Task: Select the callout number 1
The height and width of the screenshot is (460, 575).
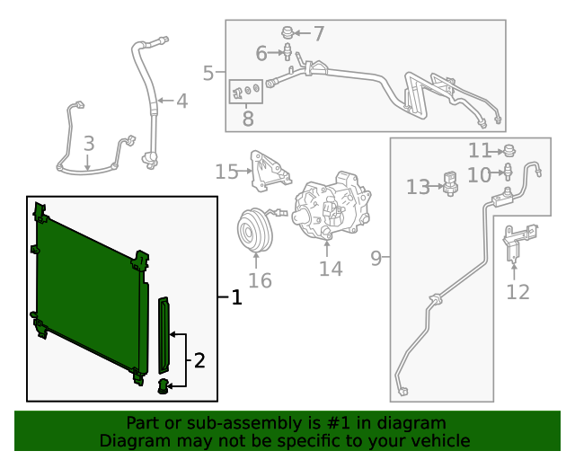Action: [x=236, y=297]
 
